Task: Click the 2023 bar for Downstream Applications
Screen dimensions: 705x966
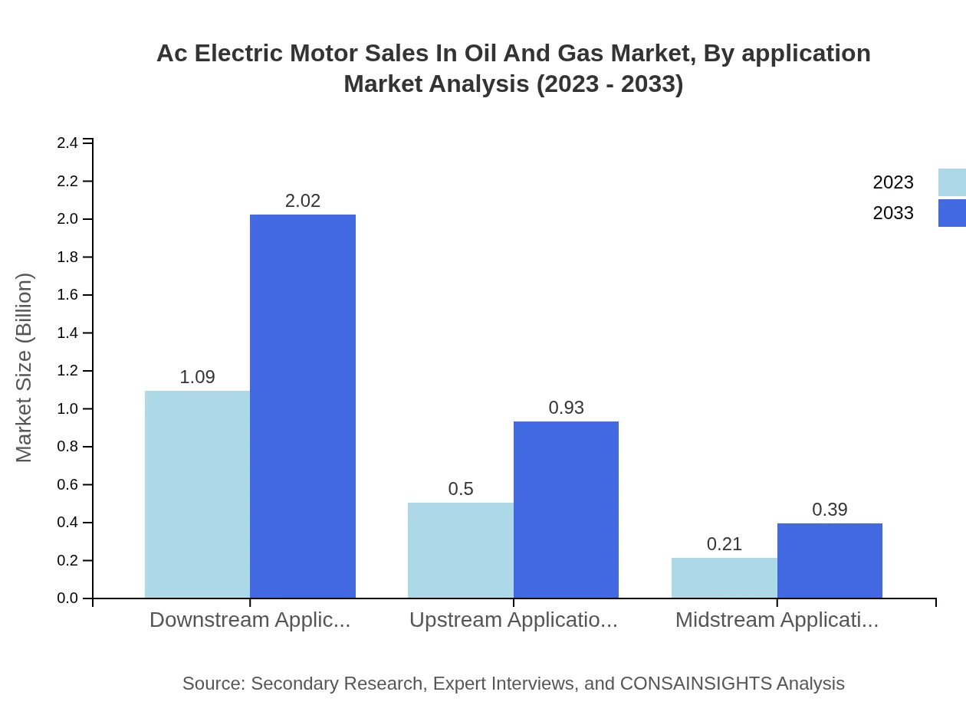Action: click(197, 494)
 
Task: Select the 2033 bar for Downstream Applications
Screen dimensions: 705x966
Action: click(303, 406)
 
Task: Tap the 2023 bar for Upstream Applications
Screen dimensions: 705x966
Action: click(460, 550)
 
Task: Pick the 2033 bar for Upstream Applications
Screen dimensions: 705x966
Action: click(566, 510)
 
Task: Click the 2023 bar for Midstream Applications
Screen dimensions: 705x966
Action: click(724, 578)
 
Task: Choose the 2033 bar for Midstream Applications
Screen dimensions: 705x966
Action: click(830, 560)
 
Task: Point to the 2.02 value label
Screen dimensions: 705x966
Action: click(303, 201)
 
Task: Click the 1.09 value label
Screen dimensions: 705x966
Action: click(197, 377)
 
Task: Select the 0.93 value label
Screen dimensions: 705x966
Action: click(566, 408)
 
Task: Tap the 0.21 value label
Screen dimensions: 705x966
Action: click(724, 544)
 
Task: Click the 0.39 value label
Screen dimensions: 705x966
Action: click(830, 510)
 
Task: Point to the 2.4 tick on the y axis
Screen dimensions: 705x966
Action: click(67, 143)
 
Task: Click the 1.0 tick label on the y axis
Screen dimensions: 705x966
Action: click(67, 409)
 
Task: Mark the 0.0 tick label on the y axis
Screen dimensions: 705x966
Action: click(67, 598)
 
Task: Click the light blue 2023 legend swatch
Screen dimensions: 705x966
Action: click(952, 182)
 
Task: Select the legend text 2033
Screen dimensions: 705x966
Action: click(893, 213)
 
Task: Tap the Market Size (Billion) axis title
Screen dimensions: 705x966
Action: click(25, 368)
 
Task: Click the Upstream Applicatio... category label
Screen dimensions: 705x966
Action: click(514, 620)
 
